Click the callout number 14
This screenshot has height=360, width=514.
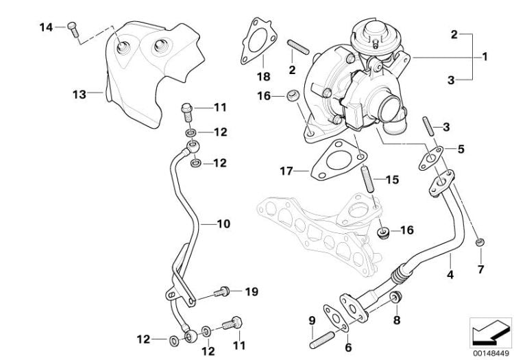tap(45, 27)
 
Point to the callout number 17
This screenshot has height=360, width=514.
tap(286, 170)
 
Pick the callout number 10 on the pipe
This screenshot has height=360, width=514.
tap(223, 224)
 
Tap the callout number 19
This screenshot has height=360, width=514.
tap(251, 292)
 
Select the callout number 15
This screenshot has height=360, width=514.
tap(391, 180)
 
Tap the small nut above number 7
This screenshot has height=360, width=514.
tap(480, 241)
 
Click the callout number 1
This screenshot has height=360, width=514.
tap(485, 57)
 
